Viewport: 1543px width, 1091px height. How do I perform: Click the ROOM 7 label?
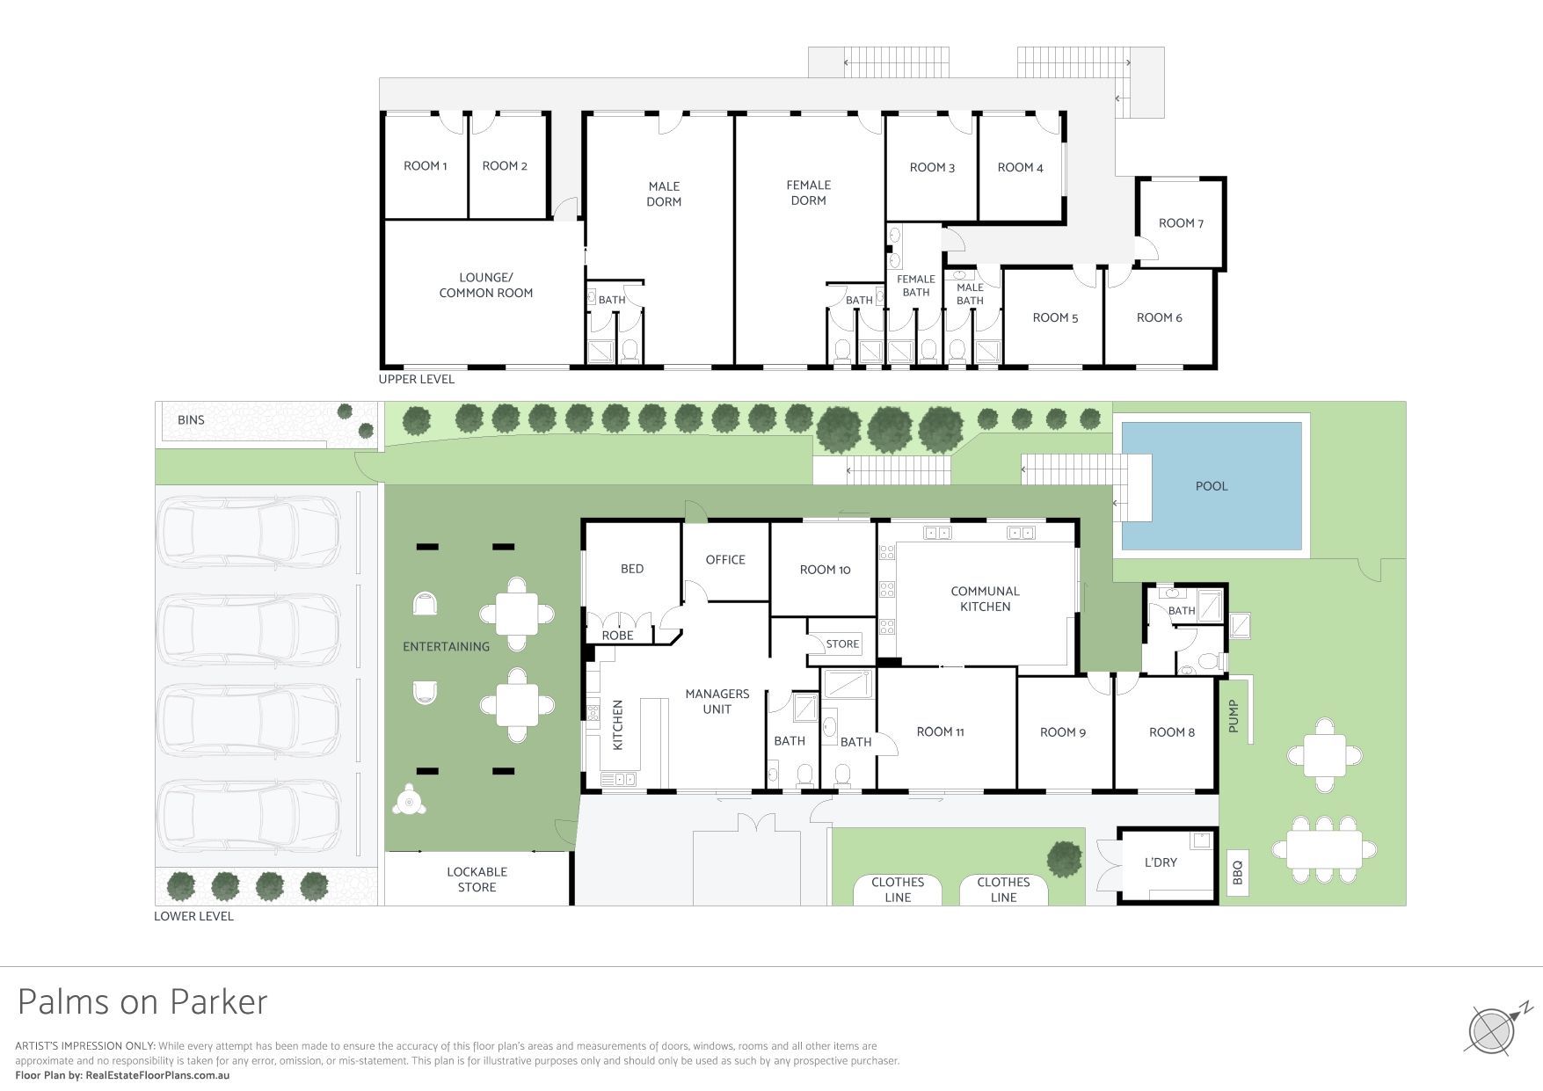pyautogui.click(x=1181, y=223)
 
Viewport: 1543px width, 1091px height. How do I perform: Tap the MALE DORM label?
pyautogui.click(x=664, y=194)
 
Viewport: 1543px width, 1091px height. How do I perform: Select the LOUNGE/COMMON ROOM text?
pyautogui.click(x=486, y=286)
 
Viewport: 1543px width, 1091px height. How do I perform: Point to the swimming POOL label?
pyautogui.click(x=1212, y=486)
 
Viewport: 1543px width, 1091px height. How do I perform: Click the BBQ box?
pyautogui.click(x=1237, y=872)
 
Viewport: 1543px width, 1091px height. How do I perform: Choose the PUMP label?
pyautogui.click(x=1234, y=716)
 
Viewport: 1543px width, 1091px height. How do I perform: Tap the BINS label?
pyautogui.click(x=191, y=420)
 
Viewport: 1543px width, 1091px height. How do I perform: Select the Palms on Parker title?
pyautogui.click(x=142, y=1002)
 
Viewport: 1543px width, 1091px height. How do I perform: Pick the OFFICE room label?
pyautogui.click(x=725, y=560)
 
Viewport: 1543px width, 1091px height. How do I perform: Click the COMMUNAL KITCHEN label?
pyautogui.click(x=986, y=599)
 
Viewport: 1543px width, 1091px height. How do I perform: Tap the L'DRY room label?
pyautogui.click(x=1161, y=862)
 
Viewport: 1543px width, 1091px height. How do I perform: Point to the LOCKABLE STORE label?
pyautogui.click(x=477, y=880)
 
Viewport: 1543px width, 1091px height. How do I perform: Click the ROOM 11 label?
pyautogui.click(x=941, y=732)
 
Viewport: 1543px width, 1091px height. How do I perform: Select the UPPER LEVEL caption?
pyautogui.click(x=417, y=380)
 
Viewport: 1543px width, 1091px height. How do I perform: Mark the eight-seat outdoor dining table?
pyautogui.click(x=1324, y=849)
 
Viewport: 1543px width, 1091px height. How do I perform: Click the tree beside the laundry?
pyautogui.click(x=1065, y=859)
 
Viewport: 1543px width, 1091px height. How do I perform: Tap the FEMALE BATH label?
pyautogui.click(x=916, y=286)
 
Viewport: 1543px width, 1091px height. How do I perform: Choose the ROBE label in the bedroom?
pyautogui.click(x=617, y=636)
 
